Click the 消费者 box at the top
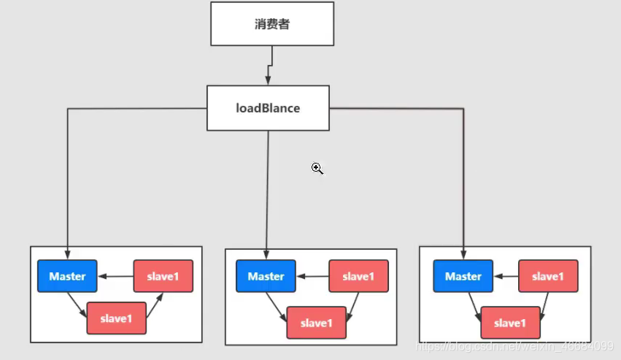[271, 24]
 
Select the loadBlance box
[268, 108]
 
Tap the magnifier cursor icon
[317, 169]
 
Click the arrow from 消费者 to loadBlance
[270, 66]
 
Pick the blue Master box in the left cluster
[67, 277]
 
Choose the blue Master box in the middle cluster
[266, 277]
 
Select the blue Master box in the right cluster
[463, 277]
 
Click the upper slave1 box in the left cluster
[163, 277]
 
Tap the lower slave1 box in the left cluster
[116, 318]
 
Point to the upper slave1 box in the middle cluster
[358, 277]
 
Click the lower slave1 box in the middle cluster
[315, 323]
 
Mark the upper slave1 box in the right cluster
[547, 277]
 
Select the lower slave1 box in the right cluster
[509, 323]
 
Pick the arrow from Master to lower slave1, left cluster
[77, 304]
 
